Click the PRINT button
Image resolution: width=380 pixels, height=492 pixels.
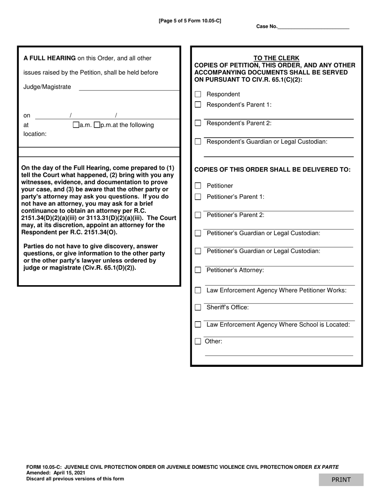[341, 480]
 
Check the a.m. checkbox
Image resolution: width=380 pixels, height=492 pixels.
[76, 125]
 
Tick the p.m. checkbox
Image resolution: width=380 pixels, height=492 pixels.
[96, 125]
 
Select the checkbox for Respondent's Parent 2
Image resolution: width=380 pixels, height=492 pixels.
[198, 123]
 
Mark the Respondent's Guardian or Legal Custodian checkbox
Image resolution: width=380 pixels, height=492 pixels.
[198, 142]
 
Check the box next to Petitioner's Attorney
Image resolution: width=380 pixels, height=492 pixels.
[198, 270]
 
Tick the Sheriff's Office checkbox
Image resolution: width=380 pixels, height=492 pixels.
[198, 307]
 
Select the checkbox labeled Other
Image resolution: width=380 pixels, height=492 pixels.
[198, 341]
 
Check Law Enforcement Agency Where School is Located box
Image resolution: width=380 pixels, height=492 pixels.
[198, 324]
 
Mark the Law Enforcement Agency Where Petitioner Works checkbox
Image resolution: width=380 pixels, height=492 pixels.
[198, 290]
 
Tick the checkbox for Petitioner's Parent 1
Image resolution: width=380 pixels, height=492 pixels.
[198, 197]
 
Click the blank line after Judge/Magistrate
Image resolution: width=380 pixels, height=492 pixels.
[129, 87]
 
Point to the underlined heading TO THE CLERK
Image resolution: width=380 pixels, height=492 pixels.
[276, 58]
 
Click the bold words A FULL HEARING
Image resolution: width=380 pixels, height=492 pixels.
[50, 58]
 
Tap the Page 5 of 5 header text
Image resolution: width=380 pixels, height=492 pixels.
[190, 20]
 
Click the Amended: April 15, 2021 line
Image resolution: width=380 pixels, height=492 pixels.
[56, 472]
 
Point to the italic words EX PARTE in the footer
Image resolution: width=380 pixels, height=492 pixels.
[326, 467]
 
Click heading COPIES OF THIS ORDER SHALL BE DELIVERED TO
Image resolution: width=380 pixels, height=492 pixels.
[272, 169]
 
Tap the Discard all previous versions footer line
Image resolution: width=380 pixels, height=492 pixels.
[75, 478]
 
